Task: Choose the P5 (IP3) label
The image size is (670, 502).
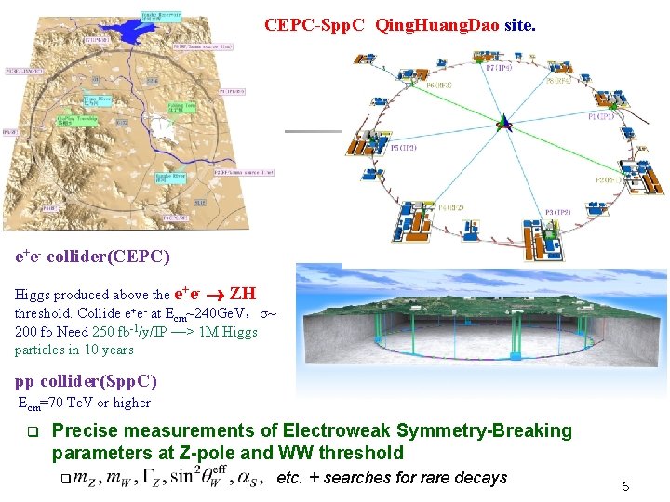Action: click(404, 148)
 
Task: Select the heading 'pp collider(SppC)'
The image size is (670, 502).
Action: click(86, 381)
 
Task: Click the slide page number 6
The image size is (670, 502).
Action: click(626, 486)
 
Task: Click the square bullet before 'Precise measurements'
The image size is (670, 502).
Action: click(31, 431)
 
